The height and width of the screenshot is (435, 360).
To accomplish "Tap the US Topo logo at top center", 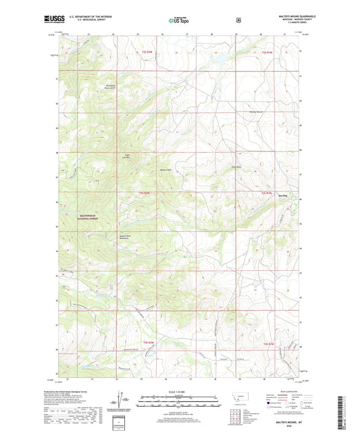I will (178, 20).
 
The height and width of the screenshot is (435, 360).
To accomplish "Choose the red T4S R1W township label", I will (267, 344).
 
